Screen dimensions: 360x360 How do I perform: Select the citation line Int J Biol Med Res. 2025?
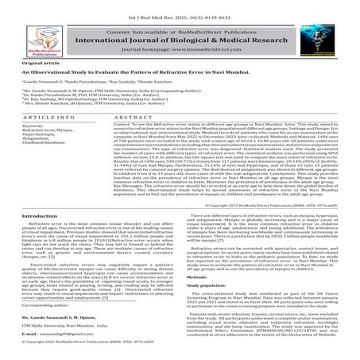click(180, 6)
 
